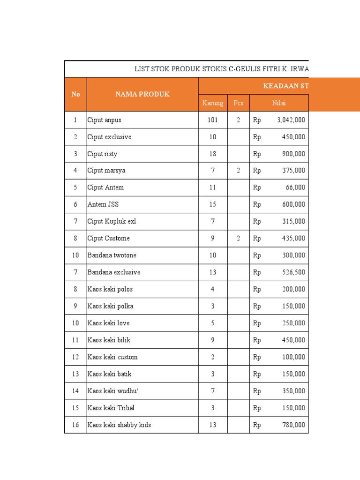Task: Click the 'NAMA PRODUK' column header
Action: [142, 94]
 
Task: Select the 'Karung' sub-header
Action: [212, 103]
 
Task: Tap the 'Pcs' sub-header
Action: [238, 103]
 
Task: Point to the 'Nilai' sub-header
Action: [279, 103]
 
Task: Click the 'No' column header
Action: [75, 94]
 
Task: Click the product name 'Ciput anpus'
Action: [104, 120]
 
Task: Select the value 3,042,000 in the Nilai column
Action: [291, 120]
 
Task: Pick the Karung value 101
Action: [213, 120]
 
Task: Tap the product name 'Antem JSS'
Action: [103, 204]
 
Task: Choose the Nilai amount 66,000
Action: [295, 187]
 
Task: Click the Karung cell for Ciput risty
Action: [213, 154]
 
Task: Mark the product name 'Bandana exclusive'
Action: [113, 272]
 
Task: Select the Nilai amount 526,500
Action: [292, 272]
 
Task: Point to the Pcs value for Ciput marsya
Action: [238, 171]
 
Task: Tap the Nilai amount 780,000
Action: [292, 425]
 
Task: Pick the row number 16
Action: [75, 425]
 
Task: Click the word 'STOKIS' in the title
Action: [214, 69]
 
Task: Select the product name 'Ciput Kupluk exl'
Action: [112, 221]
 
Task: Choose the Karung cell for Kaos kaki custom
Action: [213, 357]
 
